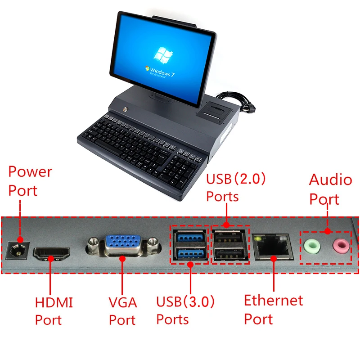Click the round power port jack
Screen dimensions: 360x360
(x=17, y=251)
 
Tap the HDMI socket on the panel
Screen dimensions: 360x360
(x=51, y=254)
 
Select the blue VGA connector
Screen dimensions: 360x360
(x=123, y=245)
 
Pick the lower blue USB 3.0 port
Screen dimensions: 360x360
(x=189, y=253)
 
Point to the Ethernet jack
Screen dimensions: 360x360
(x=272, y=247)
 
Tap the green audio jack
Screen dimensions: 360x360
(x=312, y=246)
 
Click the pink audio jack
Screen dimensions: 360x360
(x=341, y=246)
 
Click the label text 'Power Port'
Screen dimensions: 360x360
(x=30, y=181)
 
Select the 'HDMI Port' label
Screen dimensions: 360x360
(x=54, y=311)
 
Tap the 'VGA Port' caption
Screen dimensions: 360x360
(x=123, y=311)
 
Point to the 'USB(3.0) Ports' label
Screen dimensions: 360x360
(x=185, y=310)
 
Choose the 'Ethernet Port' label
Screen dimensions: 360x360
(x=274, y=310)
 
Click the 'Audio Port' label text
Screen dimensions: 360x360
(x=331, y=189)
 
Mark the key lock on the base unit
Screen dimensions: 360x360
(x=126, y=109)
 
